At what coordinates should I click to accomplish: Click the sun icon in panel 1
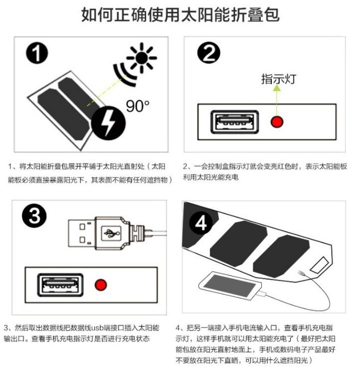[142, 57]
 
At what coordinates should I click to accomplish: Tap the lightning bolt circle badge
[108, 123]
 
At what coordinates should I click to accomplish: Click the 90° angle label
[138, 106]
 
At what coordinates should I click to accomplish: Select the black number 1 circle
[37, 53]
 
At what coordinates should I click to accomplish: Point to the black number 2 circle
[208, 53]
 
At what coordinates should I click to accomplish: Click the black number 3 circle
[34, 216]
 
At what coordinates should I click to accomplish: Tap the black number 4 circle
[201, 223]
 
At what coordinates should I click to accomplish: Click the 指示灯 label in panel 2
[278, 79]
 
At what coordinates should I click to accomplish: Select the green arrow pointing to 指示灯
[277, 101]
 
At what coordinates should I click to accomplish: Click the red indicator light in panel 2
[277, 122]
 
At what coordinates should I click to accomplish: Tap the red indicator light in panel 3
[101, 285]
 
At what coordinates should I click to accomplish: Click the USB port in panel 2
[234, 122]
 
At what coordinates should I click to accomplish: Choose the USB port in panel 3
[60, 285]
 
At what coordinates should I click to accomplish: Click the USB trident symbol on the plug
[111, 233]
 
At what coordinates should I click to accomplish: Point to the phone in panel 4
[230, 286]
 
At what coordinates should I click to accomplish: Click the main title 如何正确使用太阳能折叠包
[180, 14]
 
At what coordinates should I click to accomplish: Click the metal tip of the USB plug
[82, 233]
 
